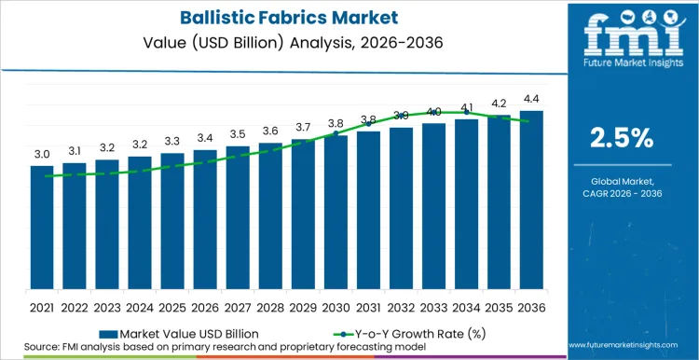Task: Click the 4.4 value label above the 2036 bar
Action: (531, 100)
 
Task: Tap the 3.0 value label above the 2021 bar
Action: (42, 154)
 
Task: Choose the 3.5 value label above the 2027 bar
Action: (238, 134)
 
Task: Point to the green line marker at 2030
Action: (336, 133)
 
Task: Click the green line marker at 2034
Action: (466, 112)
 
